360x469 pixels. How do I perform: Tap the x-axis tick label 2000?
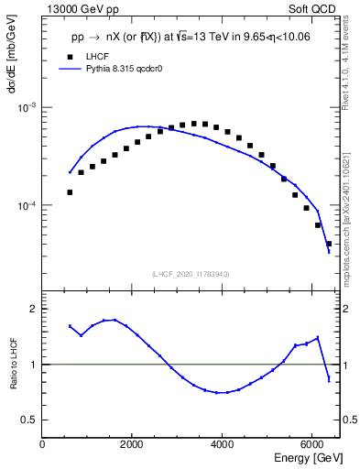(x=132, y=443)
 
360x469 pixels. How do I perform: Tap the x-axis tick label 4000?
(x=222, y=443)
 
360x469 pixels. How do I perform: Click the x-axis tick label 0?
(x=42, y=443)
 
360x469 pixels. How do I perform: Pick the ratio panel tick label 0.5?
(x=29, y=420)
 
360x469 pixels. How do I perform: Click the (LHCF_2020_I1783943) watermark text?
(x=191, y=274)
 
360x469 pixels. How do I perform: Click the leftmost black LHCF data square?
(x=70, y=192)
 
